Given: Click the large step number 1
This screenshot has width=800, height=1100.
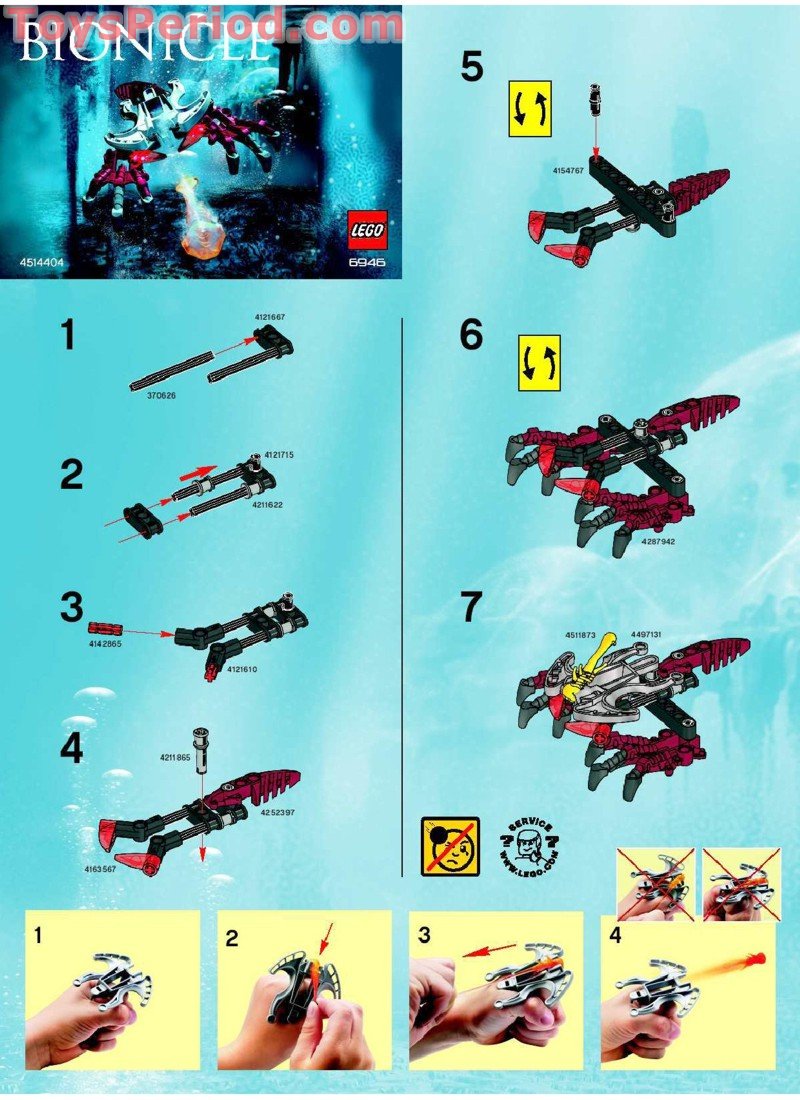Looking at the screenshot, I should click(x=67, y=336).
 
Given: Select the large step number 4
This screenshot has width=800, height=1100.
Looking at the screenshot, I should click(x=71, y=750).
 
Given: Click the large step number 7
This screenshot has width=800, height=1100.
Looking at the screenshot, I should click(x=471, y=607).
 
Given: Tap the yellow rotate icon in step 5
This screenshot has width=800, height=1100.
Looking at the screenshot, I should click(x=530, y=108).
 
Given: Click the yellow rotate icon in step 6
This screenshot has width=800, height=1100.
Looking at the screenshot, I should click(x=539, y=363).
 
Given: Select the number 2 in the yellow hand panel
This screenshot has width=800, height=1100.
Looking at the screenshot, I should click(x=232, y=938).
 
